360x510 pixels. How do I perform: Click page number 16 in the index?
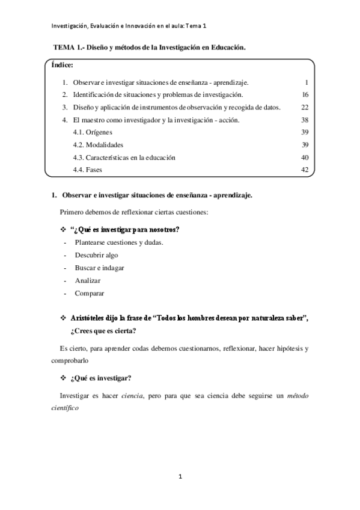[305, 94]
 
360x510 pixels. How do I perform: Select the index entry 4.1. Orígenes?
[92, 132]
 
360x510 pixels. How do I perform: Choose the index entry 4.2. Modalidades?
[97, 145]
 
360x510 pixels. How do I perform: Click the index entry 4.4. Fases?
[87, 170]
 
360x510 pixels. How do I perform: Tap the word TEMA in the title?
[64, 46]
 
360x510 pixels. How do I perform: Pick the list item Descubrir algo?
[96, 255]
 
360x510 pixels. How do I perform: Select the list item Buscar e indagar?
[99, 268]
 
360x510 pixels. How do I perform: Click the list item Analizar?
[88, 280]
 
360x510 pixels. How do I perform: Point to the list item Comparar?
[90, 293]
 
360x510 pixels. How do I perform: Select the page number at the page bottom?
[180, 477]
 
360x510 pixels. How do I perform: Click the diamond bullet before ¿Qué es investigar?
[64, 378]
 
